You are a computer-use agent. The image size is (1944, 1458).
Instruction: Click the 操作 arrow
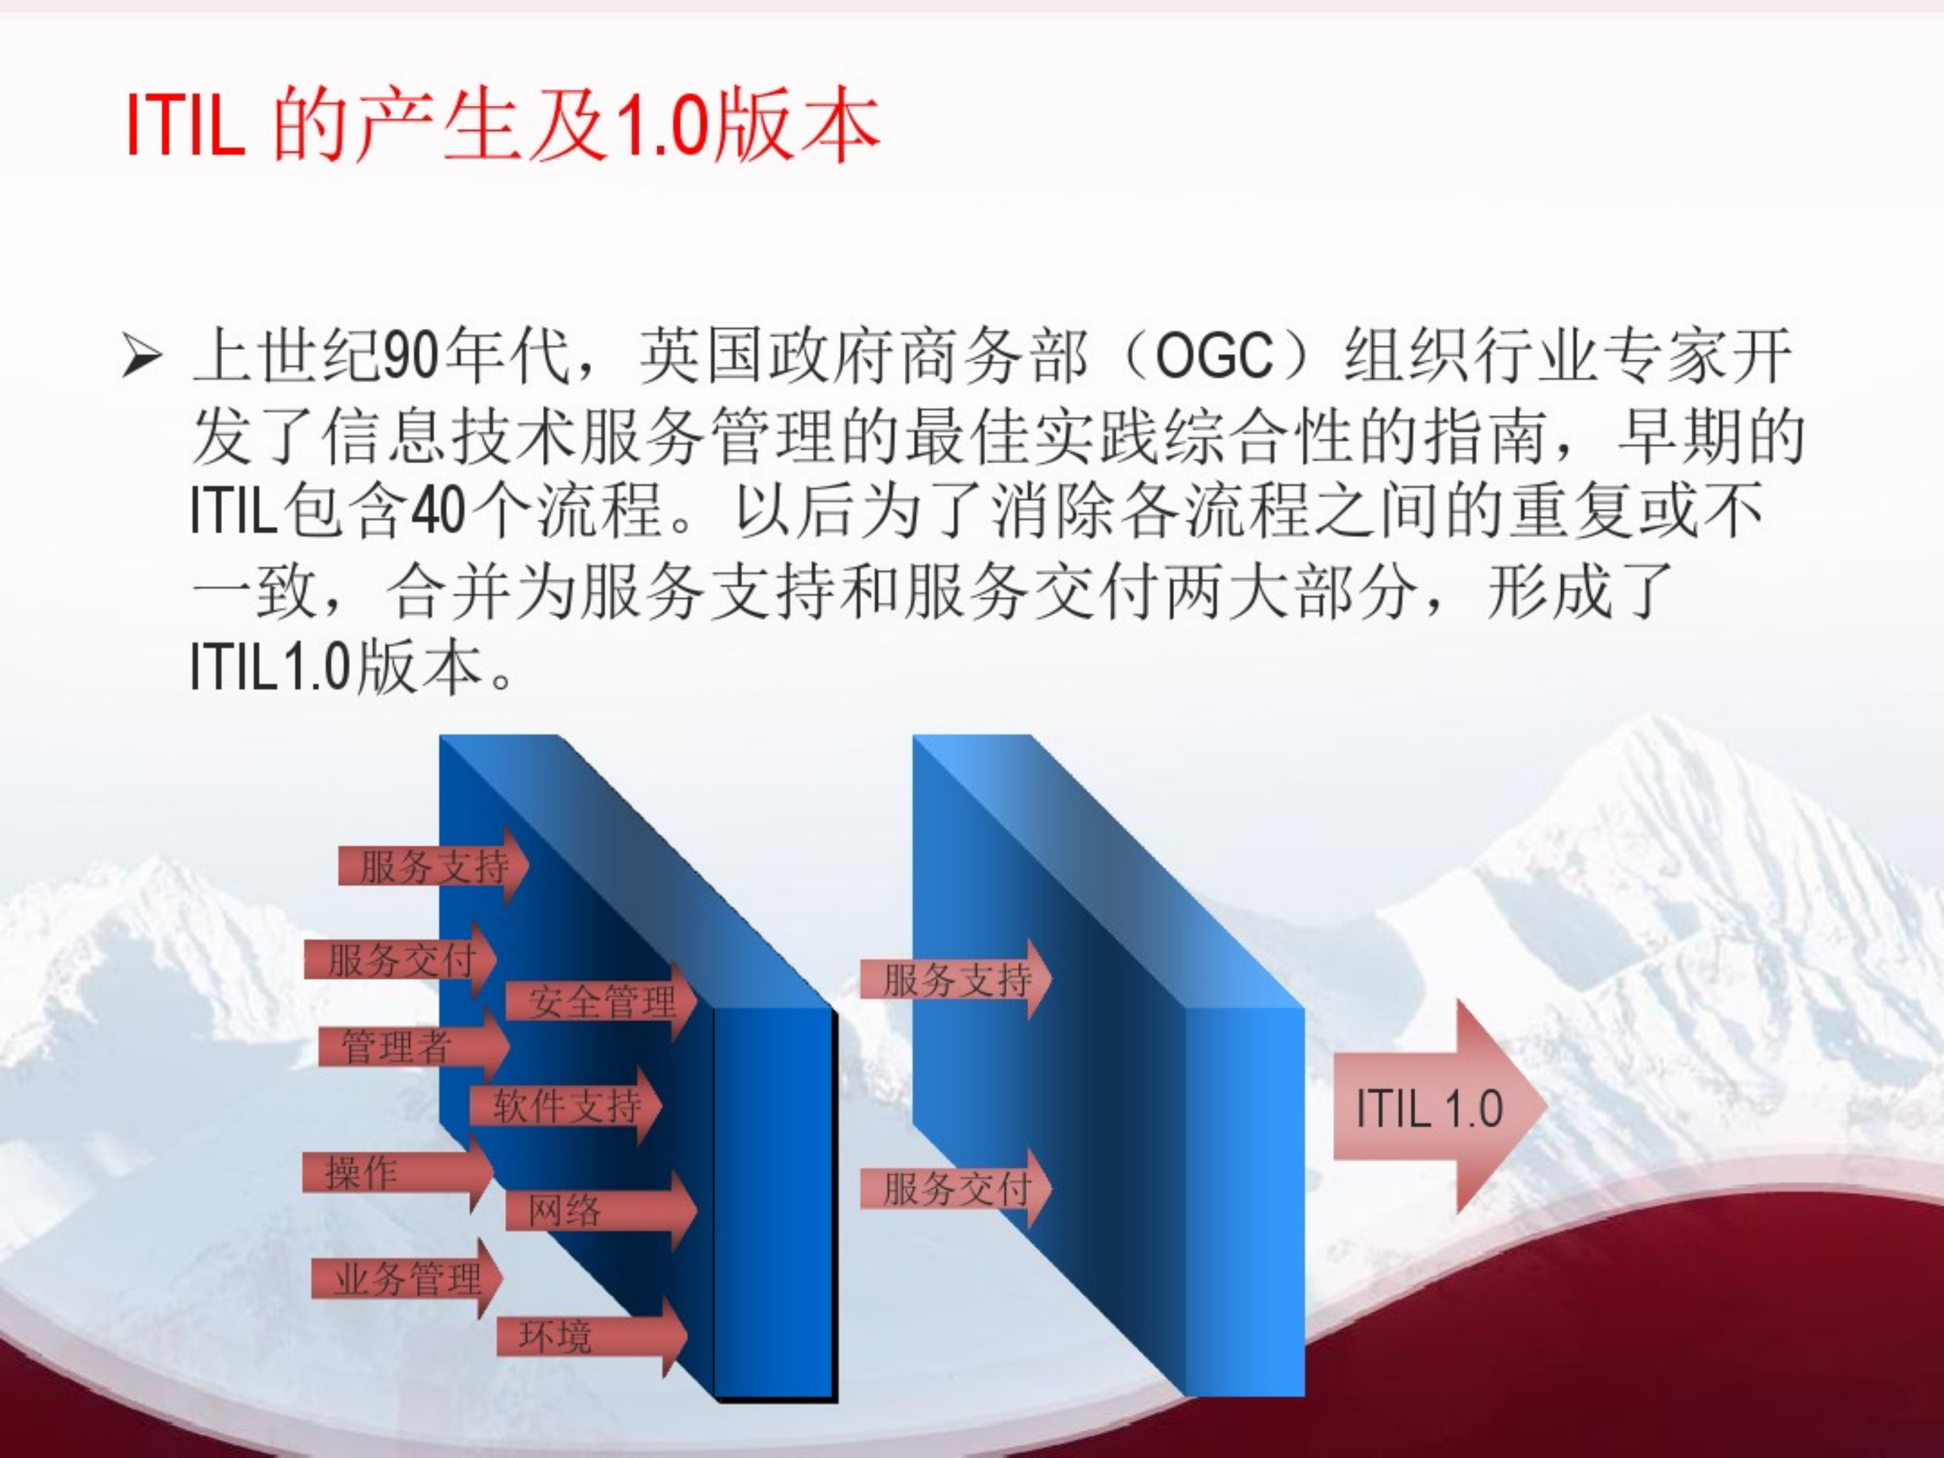[387, 1172]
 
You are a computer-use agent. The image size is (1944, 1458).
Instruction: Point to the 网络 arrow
[589, 1211]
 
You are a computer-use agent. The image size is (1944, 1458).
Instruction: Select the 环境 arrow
[580, 1336]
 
